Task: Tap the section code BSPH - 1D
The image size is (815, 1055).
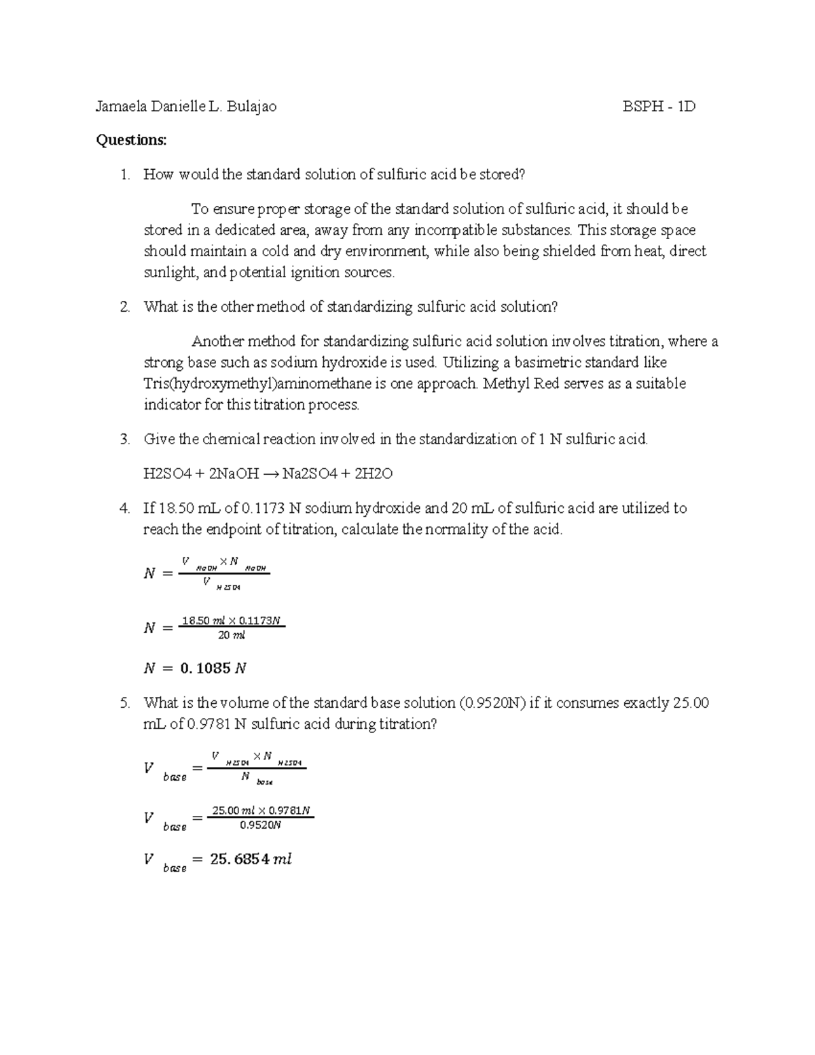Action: click(659, 107)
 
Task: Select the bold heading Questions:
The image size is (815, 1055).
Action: click(131, 140)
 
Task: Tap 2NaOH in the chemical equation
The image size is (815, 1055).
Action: click(234, 474)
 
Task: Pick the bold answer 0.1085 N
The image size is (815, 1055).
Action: click(213, 668)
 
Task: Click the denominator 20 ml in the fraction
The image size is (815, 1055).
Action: click(231, 636)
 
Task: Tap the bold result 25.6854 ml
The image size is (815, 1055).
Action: click(251, 859)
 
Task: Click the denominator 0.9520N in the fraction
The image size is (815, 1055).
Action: click(261, 826)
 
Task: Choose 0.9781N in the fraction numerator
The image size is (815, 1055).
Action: click(289, 810)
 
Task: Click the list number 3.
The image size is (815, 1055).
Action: click(124, 440)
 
